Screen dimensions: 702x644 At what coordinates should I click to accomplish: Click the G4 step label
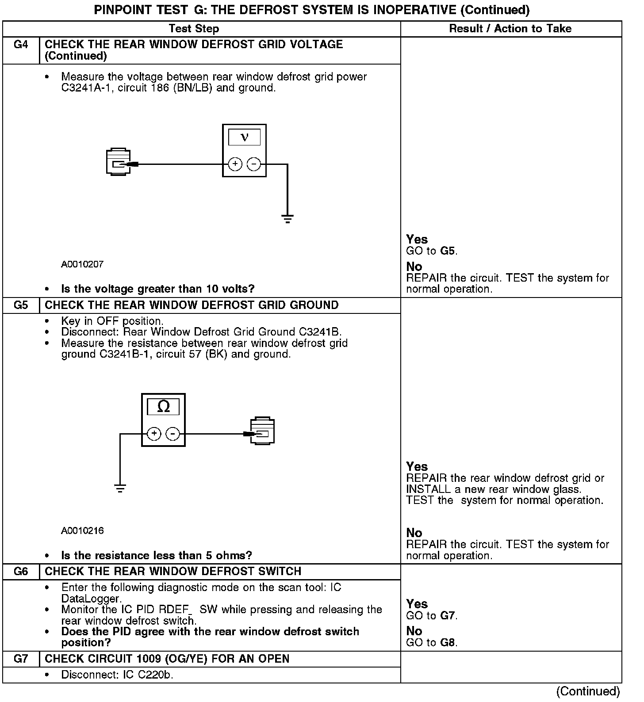pyautogui.click(x=21, y=45)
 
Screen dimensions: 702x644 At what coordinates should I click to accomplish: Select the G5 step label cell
pyautogui.click(x=21, y=305)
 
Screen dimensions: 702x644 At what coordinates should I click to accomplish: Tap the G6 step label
pyautogui.click(x=21, y=572)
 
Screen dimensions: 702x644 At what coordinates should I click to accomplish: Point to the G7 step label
pyautogui.click(x=21, y=659)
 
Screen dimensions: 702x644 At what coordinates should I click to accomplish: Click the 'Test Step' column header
pyautogui.click(x=194, y=29)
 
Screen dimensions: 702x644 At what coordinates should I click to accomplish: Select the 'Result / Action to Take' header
pyautogui.click(x=510, y=29)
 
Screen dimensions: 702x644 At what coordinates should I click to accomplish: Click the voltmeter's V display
pyautogui.click(x=244, y=137)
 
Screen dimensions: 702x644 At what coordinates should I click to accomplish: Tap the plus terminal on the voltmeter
pyautogui.click(x=235, y=164)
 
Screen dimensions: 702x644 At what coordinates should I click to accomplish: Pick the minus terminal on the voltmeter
pyautogui.click(x=253, y=164)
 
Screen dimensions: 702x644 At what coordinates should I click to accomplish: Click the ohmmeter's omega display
pyautogui.click(x=163, y=407)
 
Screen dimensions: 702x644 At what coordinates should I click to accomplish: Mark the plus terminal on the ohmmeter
pyautogui.click(x=154, y=434)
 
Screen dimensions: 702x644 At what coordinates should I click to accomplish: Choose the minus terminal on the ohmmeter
pyautogui.click(x=172, y=434)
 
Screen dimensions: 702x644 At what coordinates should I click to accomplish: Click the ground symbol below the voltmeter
pyautogui.click(x=287, y=218)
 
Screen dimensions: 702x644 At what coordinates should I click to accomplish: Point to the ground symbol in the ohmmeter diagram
pyautogui.click(x=120, y=488)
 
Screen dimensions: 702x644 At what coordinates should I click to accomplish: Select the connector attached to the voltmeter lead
pyautogui.click(x=119, y=162)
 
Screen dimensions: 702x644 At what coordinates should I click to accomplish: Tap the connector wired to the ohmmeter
pyautogui.click(x=263, y=431)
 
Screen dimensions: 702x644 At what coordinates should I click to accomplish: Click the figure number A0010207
pyautogui.click(x=82, y=264)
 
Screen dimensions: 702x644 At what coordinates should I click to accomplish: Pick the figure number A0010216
pyautogui.click(x=82, y=530)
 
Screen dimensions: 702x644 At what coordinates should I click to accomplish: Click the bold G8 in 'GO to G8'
pyautogui.click(x=448, y=642)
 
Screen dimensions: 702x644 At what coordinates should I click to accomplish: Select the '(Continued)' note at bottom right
pyautogui.click(x=588, y=691)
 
